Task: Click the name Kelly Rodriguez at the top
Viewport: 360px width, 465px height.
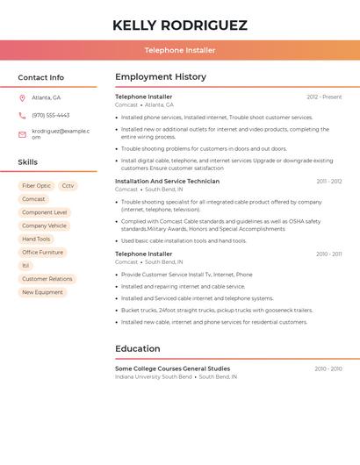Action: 180,25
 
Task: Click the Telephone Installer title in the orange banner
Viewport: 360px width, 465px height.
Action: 180,50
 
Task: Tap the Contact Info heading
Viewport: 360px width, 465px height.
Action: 41,77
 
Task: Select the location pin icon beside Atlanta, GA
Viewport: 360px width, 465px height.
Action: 22,97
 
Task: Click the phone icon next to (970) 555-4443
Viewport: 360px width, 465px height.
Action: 22,115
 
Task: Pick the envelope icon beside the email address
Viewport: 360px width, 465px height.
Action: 22,134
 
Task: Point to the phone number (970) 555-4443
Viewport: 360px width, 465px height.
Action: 51,115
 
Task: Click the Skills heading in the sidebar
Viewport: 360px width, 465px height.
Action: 28,162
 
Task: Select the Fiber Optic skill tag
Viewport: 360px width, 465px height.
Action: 37,186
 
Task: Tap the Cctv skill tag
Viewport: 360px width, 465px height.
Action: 68,186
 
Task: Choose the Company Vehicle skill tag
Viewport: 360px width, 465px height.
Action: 44,225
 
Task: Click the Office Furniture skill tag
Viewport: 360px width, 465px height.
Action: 42,252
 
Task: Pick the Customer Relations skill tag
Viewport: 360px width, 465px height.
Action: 47,279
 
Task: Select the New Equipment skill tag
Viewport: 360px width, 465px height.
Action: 42,292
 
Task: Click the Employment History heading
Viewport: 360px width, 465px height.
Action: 161,77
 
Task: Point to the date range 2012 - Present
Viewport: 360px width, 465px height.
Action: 324,97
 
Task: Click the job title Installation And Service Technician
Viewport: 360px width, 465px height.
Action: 167,182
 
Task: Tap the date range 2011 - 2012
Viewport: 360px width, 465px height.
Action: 329,182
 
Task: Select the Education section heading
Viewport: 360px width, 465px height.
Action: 138,349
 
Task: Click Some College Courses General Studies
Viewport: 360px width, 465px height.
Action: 172,368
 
